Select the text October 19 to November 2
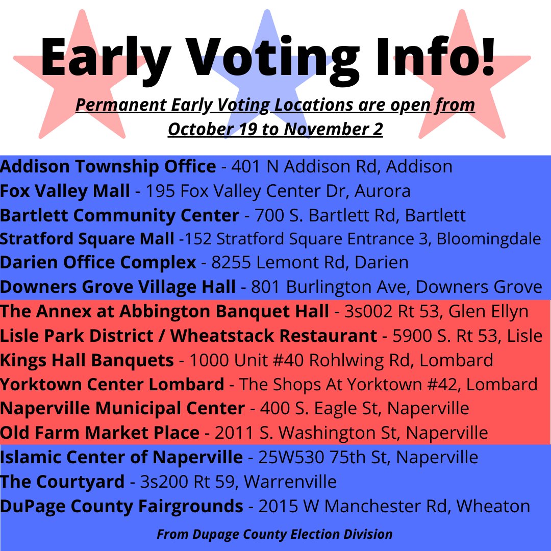click(x=275, y=129)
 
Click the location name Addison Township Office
click(x=108, y=166)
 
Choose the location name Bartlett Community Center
click(x=119, y=215)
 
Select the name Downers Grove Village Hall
click(x=118, y=287)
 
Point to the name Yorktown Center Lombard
click(x=112, y=384)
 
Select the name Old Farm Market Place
click(x=99, y=433)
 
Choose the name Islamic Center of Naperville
click(x=121, y=457)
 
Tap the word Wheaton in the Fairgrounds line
click(x=493, y=506)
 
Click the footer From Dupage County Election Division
click(x=274, y=534)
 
